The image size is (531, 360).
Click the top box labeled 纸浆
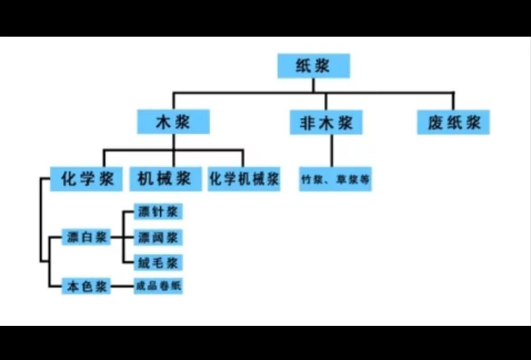[x=313, y=66]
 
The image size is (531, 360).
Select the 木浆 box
[x=173, y=122]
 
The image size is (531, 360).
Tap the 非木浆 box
[x=326, y=122]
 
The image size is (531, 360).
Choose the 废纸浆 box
[x=453, y=122]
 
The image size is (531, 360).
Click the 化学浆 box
[x=86, y=179]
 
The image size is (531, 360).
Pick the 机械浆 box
[x=166, y=179]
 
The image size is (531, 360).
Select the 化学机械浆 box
[x=244, y=179]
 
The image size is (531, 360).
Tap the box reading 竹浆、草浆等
[x=335, y=179]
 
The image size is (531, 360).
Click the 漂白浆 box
[x=86, y=237]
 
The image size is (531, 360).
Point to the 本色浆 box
[x=86, y=286]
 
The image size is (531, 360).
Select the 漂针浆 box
[x=158, y=212]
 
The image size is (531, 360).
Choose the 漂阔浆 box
[x=158, y=237]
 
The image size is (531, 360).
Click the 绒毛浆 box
[x=158, y=262]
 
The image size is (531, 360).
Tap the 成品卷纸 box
[x=158, y=286]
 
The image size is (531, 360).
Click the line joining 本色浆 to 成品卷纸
[x=122, y=286]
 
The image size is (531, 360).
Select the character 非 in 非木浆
[x=307, y=123]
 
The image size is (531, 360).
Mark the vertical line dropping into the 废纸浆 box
[x=453, y=101]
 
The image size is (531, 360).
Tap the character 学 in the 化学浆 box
[x=86, y=179]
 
